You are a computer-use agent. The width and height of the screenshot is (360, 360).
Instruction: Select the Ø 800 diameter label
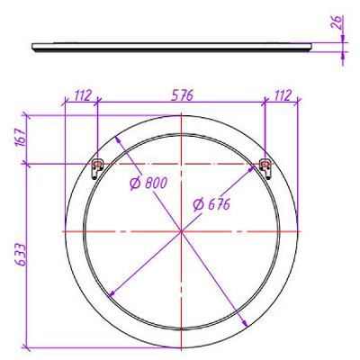(149, 184)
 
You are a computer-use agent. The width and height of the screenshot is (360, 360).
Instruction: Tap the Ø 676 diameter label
(212, 204)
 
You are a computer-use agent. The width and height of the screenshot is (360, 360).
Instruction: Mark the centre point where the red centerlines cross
(182, 232)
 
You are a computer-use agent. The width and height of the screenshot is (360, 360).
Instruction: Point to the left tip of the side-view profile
(32, 47)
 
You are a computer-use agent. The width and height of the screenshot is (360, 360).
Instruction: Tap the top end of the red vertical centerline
(182, 117)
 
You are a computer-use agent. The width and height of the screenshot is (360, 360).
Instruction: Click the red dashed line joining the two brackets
(182, 164)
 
